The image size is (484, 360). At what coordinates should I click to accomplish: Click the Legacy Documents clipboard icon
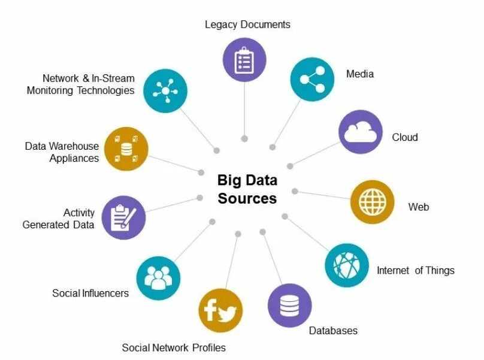[244, 60]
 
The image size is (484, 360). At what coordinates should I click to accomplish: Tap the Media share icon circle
[312, 80]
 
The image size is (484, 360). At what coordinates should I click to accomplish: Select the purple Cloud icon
[361, 132]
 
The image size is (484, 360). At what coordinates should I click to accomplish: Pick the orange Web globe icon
[372, 202]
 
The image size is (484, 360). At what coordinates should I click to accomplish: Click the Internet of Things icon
[347, 264]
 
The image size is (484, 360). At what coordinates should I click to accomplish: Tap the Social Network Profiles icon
[220, 311]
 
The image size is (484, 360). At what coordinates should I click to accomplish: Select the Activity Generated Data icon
[124, 217]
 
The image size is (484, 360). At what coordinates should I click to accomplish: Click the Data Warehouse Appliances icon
[126, 149]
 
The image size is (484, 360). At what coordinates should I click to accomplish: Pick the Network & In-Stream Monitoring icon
[165, 90]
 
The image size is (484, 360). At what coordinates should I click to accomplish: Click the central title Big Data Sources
[247, 189]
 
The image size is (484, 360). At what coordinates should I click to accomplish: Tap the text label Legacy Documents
[247, 25]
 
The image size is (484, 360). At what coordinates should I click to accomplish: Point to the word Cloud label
[405, 137]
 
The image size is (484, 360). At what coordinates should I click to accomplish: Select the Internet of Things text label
[415, 270]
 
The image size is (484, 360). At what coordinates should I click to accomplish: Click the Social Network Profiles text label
[174, 347]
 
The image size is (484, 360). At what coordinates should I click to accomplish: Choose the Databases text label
[333, 331]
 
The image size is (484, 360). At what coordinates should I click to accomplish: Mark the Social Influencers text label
[90, 293]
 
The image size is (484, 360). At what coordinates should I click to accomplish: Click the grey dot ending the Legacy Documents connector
[244, 138]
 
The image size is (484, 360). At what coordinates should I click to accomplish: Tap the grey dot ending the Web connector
[295, 191]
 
